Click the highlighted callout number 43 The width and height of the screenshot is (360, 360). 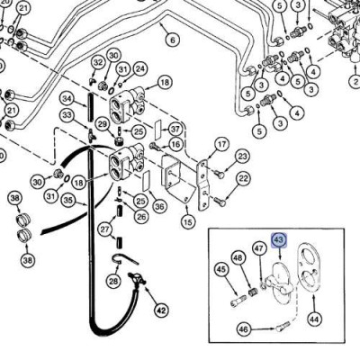(x=279, y=240)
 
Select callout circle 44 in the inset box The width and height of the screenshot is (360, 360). (x=314, y=319)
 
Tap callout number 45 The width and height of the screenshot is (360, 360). (x=220, y=267)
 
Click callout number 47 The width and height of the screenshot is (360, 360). (x=258, y=247)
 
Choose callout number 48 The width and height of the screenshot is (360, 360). (x=238, y=259)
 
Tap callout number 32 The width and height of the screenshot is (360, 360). (x=98, y=61)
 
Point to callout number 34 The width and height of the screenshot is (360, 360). (x=67, y=98)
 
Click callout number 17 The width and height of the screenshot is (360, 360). (x=220, y=143)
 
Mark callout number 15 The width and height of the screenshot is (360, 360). (x=187, y=221)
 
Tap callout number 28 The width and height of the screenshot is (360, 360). (x=112, y=282)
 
